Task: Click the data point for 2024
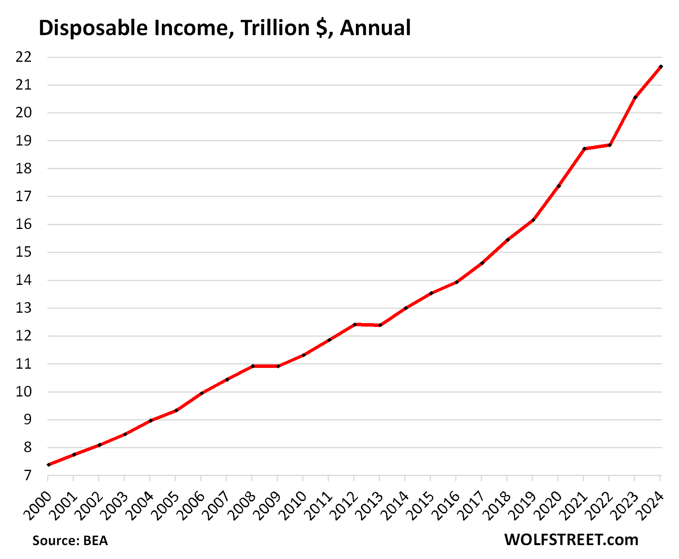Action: (x=661, y=67)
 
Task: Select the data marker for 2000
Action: (x=48, y=464)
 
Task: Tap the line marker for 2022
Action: (x=610, y=145)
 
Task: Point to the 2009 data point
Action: (x=278, y=366)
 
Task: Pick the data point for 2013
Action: (x=380, y=325)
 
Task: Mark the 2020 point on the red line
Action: (x=559, y=186)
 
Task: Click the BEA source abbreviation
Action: (x=95, y=540)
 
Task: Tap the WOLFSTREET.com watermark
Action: (x=571, y=540)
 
